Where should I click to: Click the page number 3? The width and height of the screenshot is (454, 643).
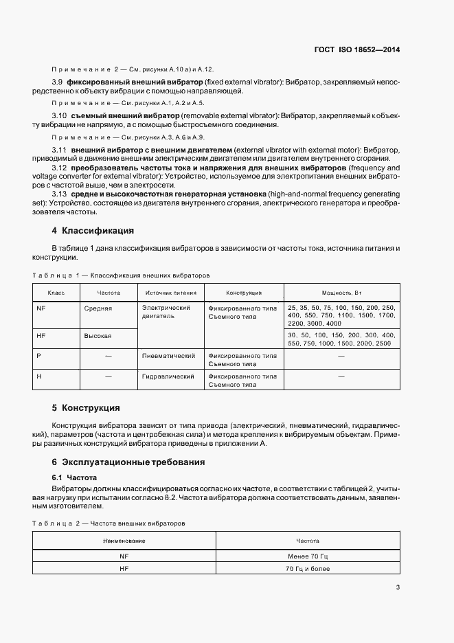coord(398,587)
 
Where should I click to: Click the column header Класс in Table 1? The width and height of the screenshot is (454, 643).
coord(56,292)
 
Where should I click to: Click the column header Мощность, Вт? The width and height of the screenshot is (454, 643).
coord(342,292)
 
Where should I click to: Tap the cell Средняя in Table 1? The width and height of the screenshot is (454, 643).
coord(98,308)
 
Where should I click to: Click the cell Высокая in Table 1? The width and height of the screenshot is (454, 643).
coord(98,336)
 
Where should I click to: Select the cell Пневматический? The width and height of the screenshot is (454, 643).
coord(168,356)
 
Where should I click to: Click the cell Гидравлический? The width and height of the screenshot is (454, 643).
coord(169,376)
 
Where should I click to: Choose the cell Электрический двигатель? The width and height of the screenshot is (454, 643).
coord(166,313)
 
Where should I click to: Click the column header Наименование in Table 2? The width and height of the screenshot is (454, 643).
coord(124,541)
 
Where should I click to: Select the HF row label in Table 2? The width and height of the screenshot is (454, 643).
coord(124,569)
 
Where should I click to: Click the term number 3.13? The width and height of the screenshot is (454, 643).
coord(60,194)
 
